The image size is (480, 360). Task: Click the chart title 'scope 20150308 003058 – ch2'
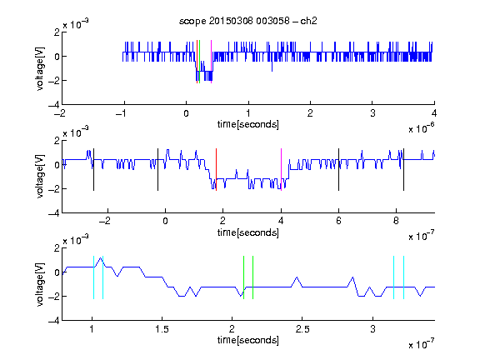(248, 21)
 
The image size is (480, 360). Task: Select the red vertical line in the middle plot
(216, 170)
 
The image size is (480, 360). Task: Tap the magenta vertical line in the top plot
(211, 62)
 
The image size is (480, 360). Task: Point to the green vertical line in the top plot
(200, 62)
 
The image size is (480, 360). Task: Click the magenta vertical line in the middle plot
(282, 170)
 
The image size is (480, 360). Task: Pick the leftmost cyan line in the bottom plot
(93, 277)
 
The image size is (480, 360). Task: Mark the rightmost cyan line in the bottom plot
(404, 277)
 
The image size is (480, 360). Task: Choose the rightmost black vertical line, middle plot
(404, 170)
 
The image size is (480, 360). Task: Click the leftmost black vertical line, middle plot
(93, 170)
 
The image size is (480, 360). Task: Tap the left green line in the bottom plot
(243, 277)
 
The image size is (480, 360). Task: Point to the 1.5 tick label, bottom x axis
(162, 329)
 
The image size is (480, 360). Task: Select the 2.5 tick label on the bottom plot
(302, 329)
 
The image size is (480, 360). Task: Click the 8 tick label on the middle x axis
(396, 221)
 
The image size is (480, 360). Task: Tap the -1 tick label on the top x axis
(122, 113)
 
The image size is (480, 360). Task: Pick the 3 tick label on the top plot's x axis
(372, 113)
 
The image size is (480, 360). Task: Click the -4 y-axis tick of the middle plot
(54, 213)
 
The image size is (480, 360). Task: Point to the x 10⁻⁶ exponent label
(422, 128)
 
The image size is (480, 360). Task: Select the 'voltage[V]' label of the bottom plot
(40, 284)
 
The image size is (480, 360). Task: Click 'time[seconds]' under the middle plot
(248, 232)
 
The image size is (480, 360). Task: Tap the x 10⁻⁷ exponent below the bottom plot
(422, 344)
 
